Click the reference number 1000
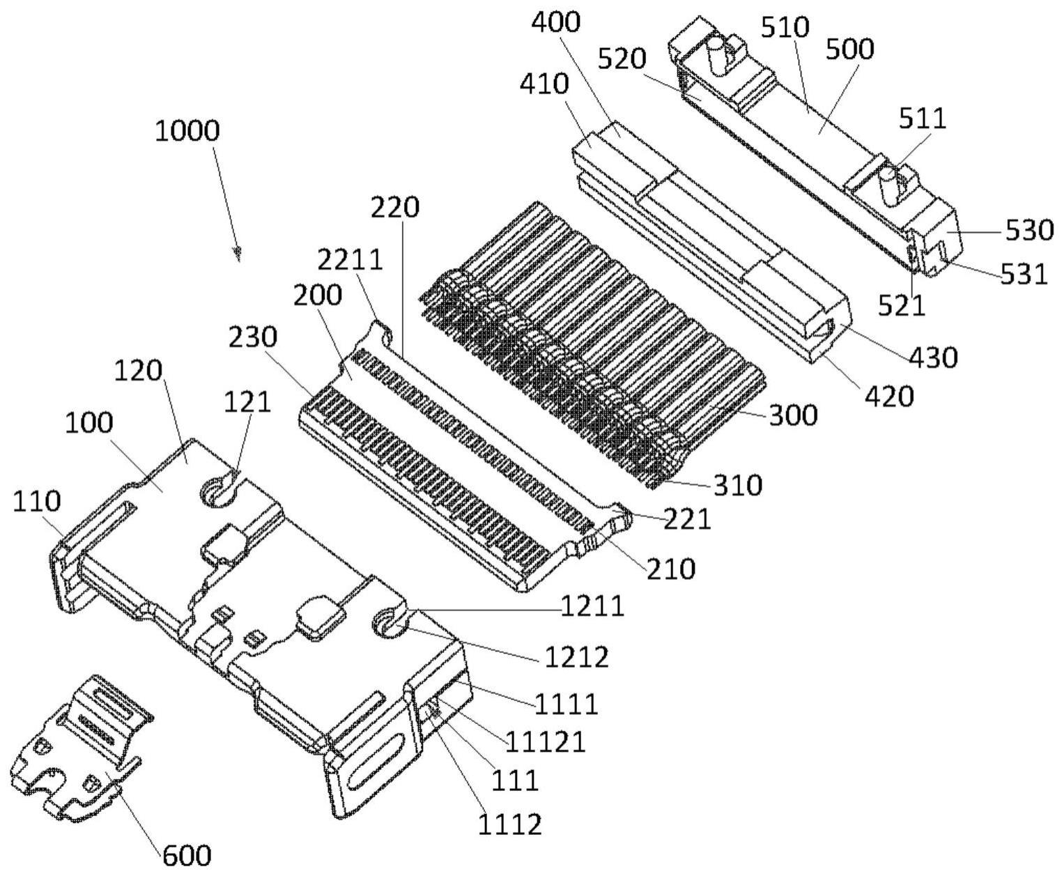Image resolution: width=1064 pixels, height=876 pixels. point(187,131)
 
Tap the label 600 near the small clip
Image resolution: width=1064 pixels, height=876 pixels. point(187,854)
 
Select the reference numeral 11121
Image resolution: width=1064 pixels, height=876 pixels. point(545,743)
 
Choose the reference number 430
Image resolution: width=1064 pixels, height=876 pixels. point(933,357)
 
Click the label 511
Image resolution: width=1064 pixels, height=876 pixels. point(923,118)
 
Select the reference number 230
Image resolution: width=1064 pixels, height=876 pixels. point(252,337)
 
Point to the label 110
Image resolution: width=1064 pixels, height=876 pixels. point(37,502)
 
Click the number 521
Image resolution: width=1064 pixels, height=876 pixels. point(902,305)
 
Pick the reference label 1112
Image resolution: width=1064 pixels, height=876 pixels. point(509,825)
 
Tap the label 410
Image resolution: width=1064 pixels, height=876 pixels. point(544,84)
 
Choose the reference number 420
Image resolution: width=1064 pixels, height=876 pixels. point(888,396)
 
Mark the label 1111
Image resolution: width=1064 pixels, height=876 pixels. point(566,705)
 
